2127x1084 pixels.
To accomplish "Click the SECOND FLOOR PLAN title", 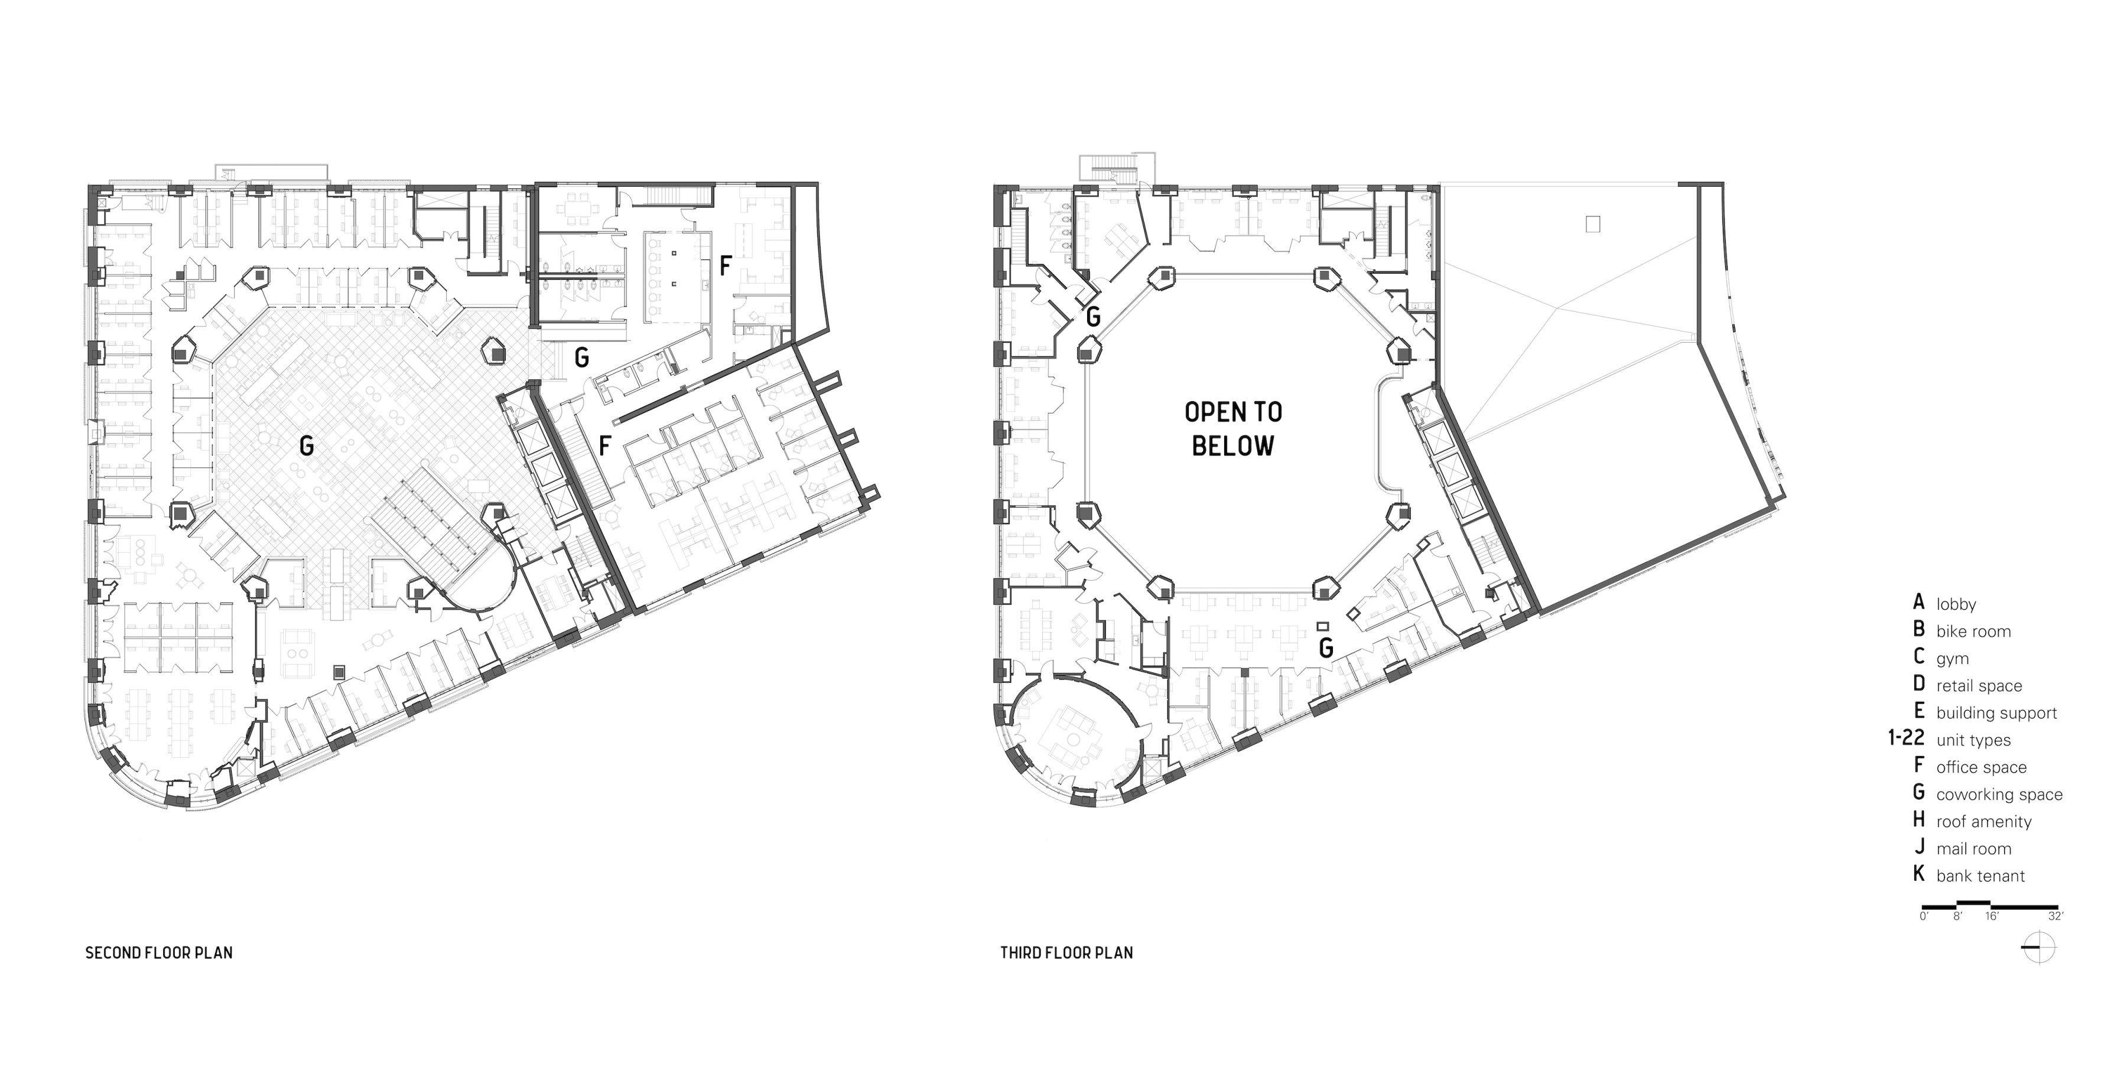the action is (x=158, y=953).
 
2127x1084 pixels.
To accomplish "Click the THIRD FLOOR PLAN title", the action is (x=1067, y=953).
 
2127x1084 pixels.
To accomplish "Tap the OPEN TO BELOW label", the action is (x=1234, y=429).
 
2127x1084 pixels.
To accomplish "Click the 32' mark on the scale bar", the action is (x=2055, y=916).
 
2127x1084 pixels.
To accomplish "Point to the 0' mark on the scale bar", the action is (x=1924, y=916).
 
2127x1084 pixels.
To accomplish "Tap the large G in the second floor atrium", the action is (x=306, y=447).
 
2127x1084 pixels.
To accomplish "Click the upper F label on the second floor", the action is (x=725, y=266).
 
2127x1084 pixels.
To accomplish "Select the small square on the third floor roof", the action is (x=1593, y=224).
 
